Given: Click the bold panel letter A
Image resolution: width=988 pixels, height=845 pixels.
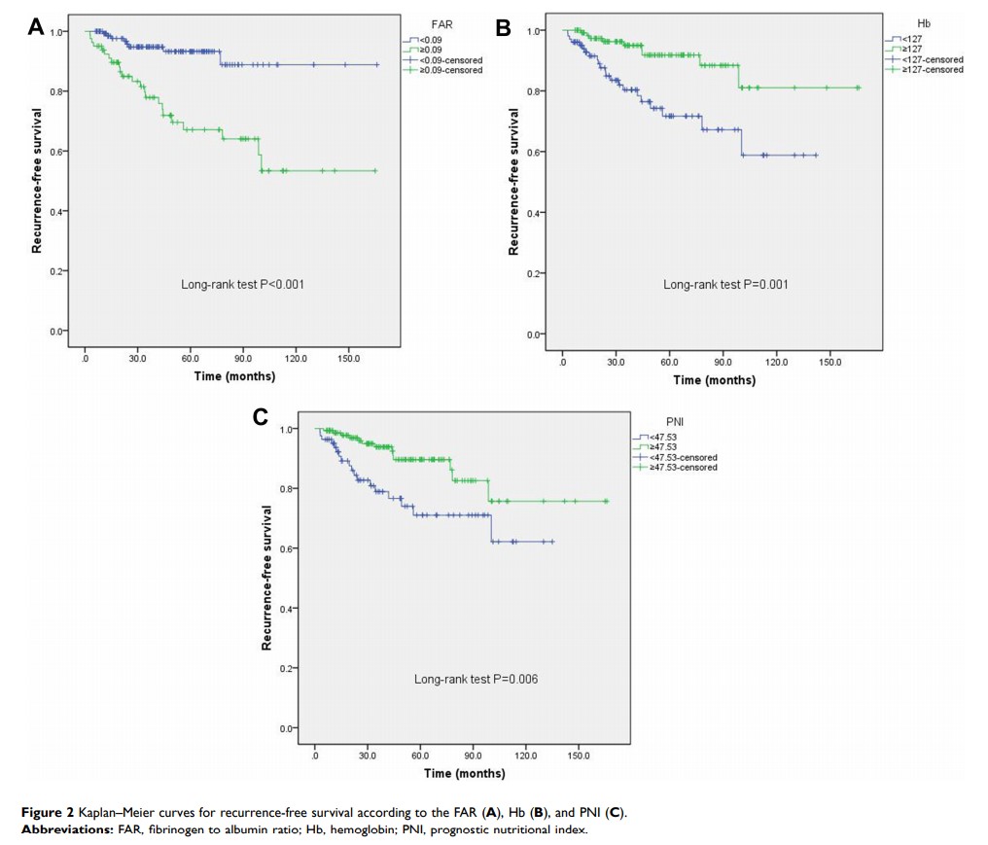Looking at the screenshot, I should pyautogui.click(x=36, y=27).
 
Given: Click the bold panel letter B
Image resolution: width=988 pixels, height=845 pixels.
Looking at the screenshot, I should pyautogui.click(x=503, y=29).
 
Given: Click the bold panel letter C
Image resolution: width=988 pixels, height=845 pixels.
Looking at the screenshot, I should pyautogui.click(x=260, y=417).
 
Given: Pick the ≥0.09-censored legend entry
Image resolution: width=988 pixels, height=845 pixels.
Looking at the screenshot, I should pyautogui.click(x=447, y=72).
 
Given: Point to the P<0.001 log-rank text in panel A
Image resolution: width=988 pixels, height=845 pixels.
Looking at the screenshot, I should pyautogui.click(x=242, y=284).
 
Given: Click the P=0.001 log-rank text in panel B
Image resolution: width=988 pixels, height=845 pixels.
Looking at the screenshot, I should pyautogui.click(x=725, y=284).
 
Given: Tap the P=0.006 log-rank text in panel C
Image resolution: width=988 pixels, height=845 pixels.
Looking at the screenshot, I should pyautogui.click(x=476, y=679).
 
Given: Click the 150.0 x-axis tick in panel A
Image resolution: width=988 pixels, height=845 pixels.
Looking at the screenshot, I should pyautogui.click(x=348, y=358).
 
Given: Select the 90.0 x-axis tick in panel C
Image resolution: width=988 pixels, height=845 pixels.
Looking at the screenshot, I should pyautogui.click(x=473, y=755).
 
